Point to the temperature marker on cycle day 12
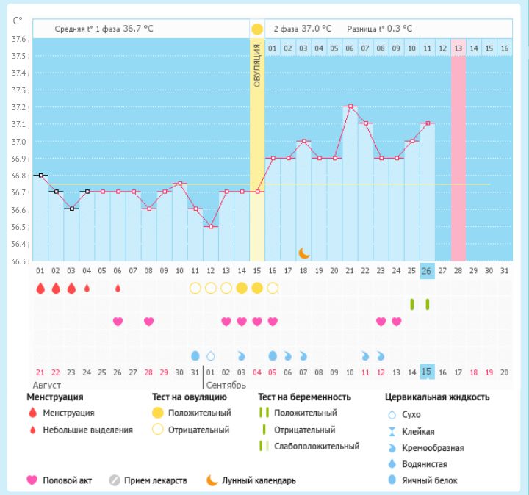click(210, 226)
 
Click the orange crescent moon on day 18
click(304, 253)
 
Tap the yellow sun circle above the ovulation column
click(256, 29)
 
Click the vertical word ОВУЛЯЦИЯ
click(257, 66)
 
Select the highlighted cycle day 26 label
click(427, 271)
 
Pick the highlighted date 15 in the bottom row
click(427, 372)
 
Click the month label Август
click(46, 385)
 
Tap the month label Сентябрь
click(226, 385)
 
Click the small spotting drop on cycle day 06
click(118, 288)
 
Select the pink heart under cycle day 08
click(148, 322)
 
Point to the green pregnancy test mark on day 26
click(427, 304)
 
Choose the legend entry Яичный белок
click(434, 480)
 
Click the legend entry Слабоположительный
click(316, 447)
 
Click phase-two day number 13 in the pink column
click(458, 48)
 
